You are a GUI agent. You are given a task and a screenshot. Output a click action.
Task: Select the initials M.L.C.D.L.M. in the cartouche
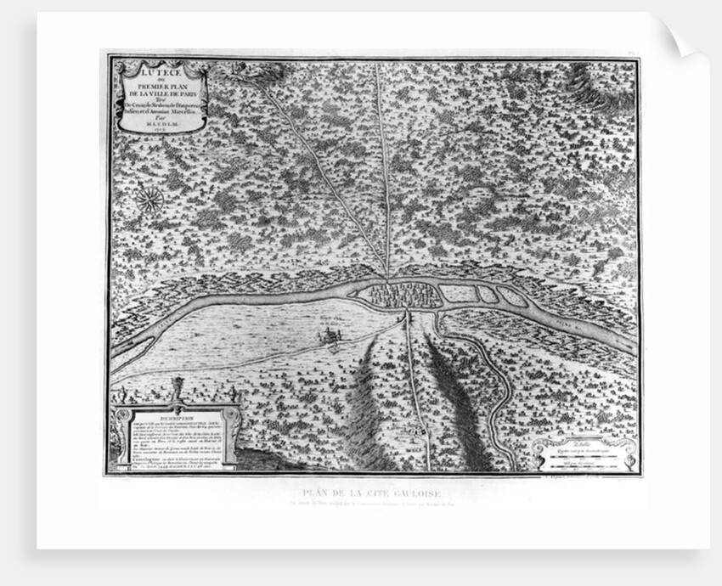[159, 119]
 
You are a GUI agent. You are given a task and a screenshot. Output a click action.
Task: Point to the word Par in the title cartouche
[159, 111]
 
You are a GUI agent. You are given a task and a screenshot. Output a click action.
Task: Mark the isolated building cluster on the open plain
[328, 337]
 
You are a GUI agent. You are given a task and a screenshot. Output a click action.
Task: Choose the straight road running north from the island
[381, 170]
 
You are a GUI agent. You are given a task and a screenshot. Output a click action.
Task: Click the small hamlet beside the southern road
[414, 431]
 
